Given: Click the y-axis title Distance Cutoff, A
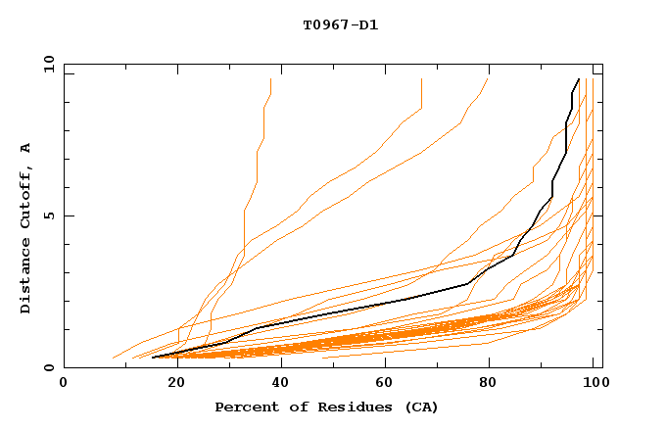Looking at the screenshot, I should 25,227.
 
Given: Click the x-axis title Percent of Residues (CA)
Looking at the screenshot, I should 326,407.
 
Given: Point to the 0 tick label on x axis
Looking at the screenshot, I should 64,383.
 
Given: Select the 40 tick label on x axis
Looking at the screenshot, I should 276,383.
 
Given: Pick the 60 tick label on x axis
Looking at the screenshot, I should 382,383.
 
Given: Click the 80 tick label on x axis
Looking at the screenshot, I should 489,383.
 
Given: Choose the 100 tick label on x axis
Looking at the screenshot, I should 594,383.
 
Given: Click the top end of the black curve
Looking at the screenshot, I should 579,79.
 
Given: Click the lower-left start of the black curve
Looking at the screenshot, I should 153,358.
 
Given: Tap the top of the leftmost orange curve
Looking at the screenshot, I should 270,79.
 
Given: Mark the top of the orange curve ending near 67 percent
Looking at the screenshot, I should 421,79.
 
